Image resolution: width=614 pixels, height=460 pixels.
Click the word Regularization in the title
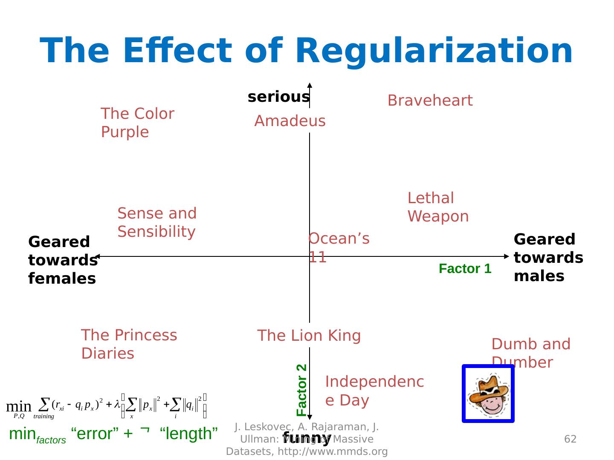[433, 51]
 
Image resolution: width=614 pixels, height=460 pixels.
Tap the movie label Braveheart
[430, 101]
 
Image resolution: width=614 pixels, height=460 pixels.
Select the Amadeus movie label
[290, 121]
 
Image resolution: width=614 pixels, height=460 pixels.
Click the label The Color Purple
[137, 123]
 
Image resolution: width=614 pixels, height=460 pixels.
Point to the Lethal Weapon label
[438, 207]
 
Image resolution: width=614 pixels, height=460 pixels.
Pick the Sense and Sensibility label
[157, 222]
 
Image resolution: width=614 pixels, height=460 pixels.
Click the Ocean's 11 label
[339, 247]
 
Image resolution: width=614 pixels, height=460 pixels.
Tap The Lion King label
[309, 336]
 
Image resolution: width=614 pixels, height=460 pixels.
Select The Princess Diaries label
[129, 344]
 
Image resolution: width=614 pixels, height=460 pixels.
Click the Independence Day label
[374, 391]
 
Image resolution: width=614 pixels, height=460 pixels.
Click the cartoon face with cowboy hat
[488, 394]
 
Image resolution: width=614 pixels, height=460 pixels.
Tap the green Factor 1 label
[465, 269]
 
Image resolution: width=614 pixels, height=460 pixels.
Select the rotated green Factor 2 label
[301, 390]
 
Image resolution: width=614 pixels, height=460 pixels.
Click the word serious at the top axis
[278, 97]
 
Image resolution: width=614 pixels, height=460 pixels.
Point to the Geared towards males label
[548, 258]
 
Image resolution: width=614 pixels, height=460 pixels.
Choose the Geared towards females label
[62, 260]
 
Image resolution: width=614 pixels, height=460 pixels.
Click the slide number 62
[570, 439]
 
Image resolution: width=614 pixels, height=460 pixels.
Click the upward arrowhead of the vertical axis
[310, 85]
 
